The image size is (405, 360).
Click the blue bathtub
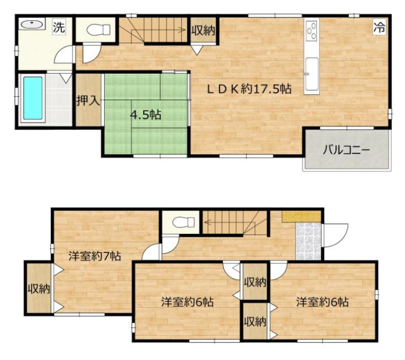(33, 98)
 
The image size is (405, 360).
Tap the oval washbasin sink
(32, 24)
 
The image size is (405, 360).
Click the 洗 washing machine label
(59, 27)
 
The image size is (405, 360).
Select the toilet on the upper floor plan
(98, 29)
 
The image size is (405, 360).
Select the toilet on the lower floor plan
(183, 222)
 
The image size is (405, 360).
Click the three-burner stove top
(311, 31)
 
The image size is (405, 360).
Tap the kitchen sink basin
(311, 74)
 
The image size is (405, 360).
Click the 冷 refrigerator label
(380, 27)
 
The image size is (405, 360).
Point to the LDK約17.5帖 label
(250, 89)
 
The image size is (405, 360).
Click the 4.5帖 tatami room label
(146, 114)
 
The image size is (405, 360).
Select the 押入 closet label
(88, 100)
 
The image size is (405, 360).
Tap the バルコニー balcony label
(347, 150)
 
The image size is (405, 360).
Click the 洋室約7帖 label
(95, 256)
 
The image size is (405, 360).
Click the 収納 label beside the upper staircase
(203, 31)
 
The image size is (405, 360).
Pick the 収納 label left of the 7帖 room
(39, 288)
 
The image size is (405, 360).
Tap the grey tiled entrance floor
(309, 241)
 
